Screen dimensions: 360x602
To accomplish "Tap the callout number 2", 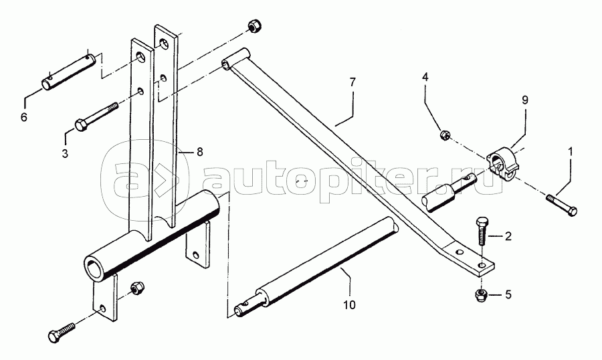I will pyautogui.click(x=508, y=236).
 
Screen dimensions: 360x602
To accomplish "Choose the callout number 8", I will pyautogui.click(x=199, y=153).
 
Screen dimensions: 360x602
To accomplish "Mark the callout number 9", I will pyautogui.click(x=525, y=100).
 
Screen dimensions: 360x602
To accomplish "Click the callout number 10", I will pyautogui.click(x=350, y=304).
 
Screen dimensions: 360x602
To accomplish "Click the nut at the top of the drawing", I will pyautogui.click(x=254, y=27).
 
